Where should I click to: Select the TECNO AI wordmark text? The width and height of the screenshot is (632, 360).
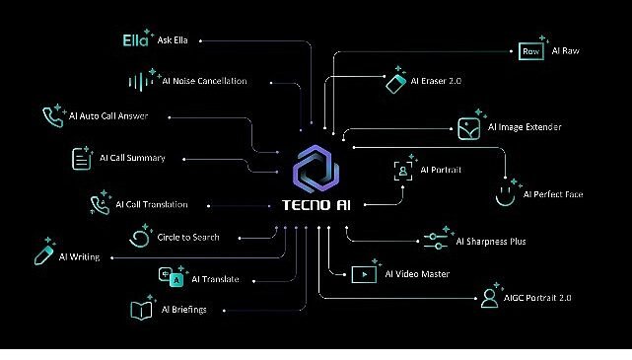pyautogui.click(x=317, y=206)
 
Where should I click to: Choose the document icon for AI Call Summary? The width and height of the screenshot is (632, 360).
pyautogui.click(x=81, y=159)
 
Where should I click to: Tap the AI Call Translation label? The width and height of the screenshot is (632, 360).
pyautogui.click(x=151, y=205)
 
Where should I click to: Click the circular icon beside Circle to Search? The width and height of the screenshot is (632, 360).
pyautogui.click(x=139, y=238)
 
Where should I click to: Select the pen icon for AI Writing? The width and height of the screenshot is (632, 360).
pyautogui.click(x=43, y=253)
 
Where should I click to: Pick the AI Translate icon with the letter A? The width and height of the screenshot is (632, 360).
pyautogui.click(x=175, y=279)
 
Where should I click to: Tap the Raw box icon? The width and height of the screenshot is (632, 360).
pyautogui.click(x=530, y=50)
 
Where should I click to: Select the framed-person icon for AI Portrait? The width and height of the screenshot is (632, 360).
pyautogui.click(x=403, y=170)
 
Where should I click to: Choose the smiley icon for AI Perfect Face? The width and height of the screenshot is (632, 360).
pyautogui.click(x=506, y=192)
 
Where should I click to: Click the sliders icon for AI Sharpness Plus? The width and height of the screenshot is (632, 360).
pyautogui.click(x=435, y=239)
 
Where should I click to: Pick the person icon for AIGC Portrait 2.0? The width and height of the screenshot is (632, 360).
pyautogui.click(x=488, y=298)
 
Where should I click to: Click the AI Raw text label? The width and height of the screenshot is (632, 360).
pyautogui.click(x=566, y=50)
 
